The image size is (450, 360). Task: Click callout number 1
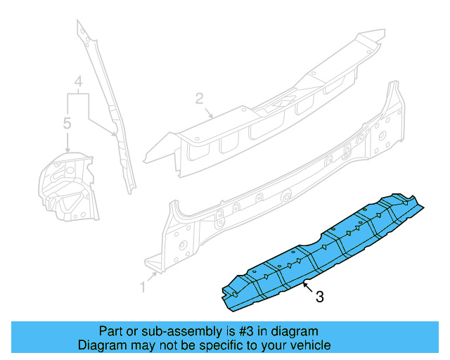143,286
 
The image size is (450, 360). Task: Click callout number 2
199,97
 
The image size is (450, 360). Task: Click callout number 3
319,297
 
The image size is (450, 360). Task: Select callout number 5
67,123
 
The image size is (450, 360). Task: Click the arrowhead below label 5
67,150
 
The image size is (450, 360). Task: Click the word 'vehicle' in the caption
310,345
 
